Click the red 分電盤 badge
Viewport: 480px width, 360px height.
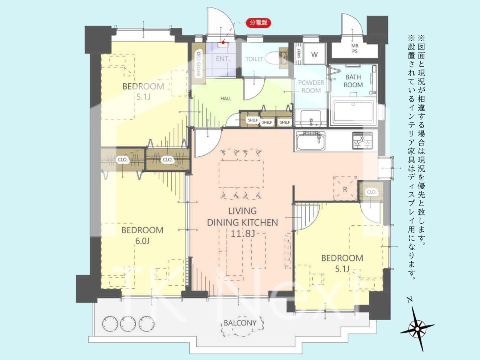pos(258,23)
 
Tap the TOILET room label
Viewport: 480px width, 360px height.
pos(254,59)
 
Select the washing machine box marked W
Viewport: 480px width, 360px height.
pos(315,54)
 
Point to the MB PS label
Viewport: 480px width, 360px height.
pos(355,48)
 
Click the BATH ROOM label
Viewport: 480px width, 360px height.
pos(353,81)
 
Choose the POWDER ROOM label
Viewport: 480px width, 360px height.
pos(311,87)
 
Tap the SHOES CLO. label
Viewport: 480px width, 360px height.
pos(198,63)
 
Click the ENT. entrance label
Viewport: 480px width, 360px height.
pos(223,58)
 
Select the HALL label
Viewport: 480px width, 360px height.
pos(226,99)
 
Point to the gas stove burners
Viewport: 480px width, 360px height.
pos(362,140)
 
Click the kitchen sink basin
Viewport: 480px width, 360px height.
pos(310,141)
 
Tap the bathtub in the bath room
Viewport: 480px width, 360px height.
pos(353,113)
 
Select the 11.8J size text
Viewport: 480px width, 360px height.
pos(243,234)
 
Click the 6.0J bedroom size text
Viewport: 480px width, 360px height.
pos(142,241)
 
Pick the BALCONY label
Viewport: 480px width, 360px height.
pos(240,323)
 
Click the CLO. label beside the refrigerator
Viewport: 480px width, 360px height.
pos(371,192)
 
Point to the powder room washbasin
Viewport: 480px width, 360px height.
pos(311,118)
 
